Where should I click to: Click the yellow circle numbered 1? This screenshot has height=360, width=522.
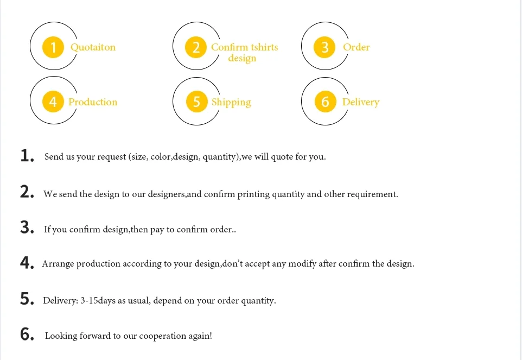pyautogui.click(x=53, y=47)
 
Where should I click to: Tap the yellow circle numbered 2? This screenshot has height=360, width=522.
pyautogui.click(x=196, y=47)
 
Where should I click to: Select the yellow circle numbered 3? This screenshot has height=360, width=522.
pyautogui.click(x=325, y=47)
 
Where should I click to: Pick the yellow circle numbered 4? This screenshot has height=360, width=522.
pyautogui.click(x=53, y=102)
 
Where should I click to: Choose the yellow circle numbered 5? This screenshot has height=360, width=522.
pyautogui.click(x=196, y=102)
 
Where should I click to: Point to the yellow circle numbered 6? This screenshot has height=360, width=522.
pyautogui.click(x=325, y=102)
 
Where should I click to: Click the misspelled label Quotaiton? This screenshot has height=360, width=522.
pyautogui.click(x=93, y=47)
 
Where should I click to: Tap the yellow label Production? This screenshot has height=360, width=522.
pyautogui.click(x=93, y=102)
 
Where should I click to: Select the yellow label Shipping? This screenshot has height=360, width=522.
pyautogui.click(x=231, y=102)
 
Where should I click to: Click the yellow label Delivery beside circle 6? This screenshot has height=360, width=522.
pyautogui.click(x=360, y=102)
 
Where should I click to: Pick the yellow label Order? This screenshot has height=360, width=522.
pyautogui.click(x=356, y=47)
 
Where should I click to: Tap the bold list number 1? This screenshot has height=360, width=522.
pyautogui.click(x=26, y=156)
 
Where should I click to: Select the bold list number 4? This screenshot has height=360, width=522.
pyautogui.click(x=26, y=263)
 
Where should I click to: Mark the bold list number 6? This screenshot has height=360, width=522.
pyautogui.click(x=26, y=335)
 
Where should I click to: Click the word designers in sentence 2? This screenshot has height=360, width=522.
pyautogui.click(x=167, y=194)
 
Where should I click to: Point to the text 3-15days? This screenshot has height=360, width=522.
pyautogui.click(x=98, y=300)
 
